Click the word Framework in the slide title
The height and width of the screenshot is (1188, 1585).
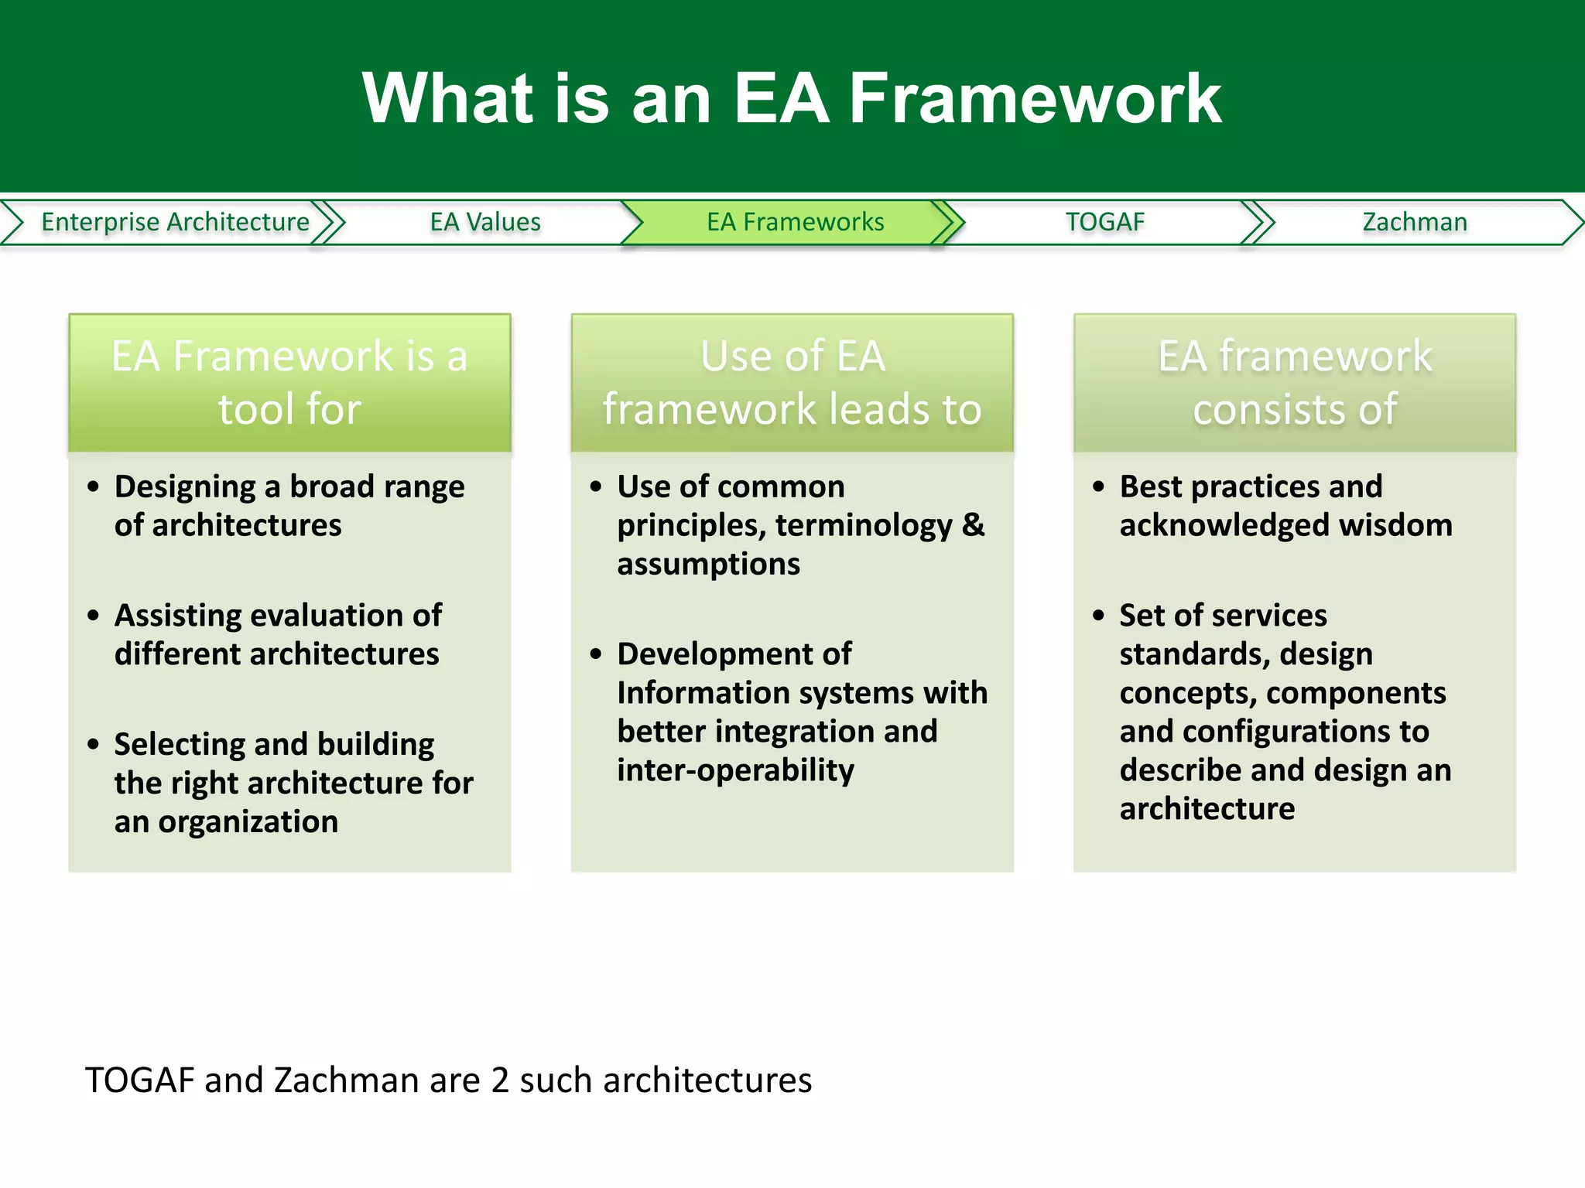1036,98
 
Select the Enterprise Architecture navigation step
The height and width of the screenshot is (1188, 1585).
175,222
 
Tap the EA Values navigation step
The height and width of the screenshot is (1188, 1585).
485,222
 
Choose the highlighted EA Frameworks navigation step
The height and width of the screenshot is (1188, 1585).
795,222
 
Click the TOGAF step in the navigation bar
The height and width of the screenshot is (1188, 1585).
1104,222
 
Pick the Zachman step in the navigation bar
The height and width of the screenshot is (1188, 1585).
1414,222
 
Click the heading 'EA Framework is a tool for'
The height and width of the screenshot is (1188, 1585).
289,382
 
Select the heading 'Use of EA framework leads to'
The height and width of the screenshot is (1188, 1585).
792,382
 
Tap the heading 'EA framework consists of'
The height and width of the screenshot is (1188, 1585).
1294,382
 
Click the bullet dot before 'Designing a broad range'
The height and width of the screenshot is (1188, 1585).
94,486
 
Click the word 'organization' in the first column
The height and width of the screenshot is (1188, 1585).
248,821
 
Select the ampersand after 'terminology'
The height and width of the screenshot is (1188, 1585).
973,525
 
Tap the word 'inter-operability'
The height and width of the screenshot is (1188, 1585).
735,770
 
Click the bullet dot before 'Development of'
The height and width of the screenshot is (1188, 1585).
596,654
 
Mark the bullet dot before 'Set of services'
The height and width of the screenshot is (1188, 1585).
1098,616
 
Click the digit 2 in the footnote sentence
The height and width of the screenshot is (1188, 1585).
500,1080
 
